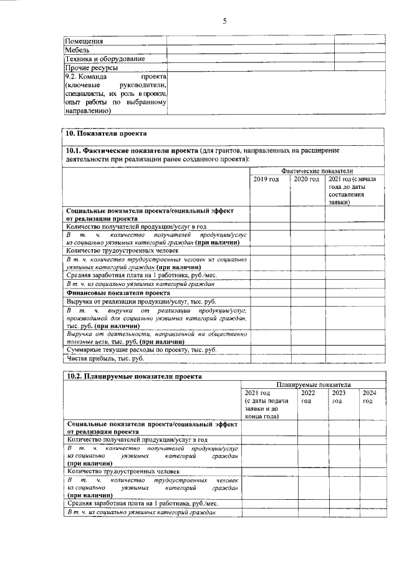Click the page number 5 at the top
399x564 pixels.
224,22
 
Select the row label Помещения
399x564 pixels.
84,41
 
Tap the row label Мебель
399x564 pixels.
77,50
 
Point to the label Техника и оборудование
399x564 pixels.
105,59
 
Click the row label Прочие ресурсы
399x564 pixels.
92,67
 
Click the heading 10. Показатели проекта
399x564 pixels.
107,134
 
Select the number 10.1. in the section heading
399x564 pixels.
75,151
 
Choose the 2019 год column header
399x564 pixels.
266,179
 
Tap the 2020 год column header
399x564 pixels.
306,179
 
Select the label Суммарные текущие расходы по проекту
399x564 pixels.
141,350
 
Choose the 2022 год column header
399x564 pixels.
308,397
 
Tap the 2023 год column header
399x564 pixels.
339,397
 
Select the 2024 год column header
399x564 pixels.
368,397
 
